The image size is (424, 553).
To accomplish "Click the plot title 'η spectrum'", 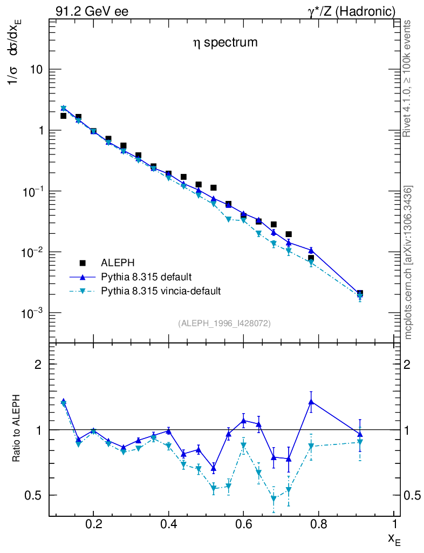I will pos(225,42).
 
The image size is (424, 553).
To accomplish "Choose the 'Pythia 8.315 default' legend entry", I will pos(146,277).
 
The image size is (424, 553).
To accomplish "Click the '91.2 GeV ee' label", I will pos(92,11).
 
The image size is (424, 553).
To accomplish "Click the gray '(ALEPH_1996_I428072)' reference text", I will pos(224,323).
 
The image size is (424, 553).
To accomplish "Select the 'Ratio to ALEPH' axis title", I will pos(17,421).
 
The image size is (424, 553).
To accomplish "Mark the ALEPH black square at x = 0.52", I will pos(214,187).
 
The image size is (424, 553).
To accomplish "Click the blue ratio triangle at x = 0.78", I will pos(311,401).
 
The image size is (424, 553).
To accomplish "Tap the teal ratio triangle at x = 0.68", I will pos(273,498).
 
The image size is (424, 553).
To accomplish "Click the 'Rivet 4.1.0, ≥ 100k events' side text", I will pos(408,78).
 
